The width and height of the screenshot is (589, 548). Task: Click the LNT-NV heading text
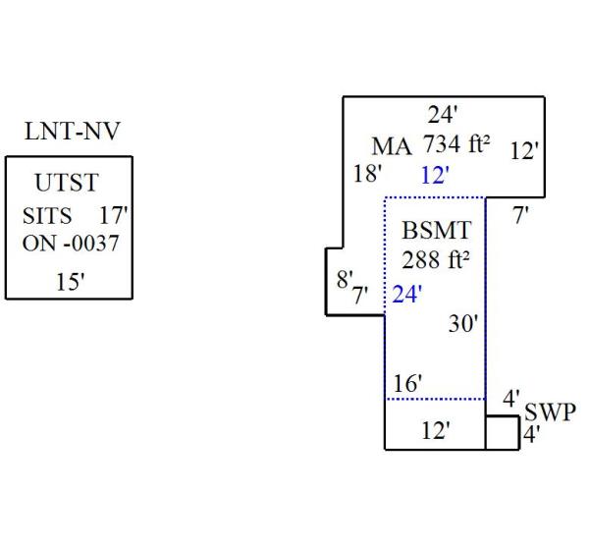[x=72, y=133]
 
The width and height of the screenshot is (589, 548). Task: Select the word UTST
[x=67, y=183]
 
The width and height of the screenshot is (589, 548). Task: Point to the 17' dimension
[x=114, y=215]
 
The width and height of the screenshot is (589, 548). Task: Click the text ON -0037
[x=70, y=243]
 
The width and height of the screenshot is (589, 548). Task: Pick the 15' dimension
[x=70, y=282]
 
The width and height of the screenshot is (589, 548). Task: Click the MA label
[x=392, y=146]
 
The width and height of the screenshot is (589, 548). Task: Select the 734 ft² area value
[x=456, y=144]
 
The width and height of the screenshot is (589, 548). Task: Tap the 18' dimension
[x=367, y=174]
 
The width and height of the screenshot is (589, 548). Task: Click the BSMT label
[x=437, y=232]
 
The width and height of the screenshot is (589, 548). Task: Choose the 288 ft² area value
[x=436, y=261]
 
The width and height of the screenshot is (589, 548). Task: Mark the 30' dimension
[x=463, y=323]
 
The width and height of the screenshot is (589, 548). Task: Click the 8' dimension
[x=344, y=279]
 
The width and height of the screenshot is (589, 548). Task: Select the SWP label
[x=551, y=411]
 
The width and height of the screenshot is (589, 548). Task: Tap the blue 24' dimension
[x=406, y=295]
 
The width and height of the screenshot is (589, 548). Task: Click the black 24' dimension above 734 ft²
[x=442, y=114]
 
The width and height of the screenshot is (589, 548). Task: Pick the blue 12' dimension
[x=434, y=176]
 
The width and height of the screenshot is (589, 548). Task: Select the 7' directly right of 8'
[x=360, y=294]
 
